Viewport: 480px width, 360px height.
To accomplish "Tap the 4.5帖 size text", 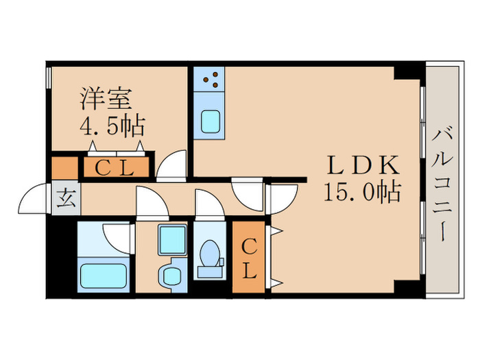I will [x=112, y=125].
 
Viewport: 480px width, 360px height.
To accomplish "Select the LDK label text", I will [x=362, y=165].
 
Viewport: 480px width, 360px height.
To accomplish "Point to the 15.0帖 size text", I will [x=362, y=193].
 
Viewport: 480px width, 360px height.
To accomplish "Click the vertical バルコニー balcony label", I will [x=441, y=182].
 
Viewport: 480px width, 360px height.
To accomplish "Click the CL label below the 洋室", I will [x=115, y=168].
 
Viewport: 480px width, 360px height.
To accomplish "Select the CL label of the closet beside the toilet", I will [x=248, y=257].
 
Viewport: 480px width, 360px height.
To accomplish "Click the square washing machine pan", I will [x=172, y=239].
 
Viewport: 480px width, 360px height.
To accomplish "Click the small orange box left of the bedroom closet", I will [x=65, y=168].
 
